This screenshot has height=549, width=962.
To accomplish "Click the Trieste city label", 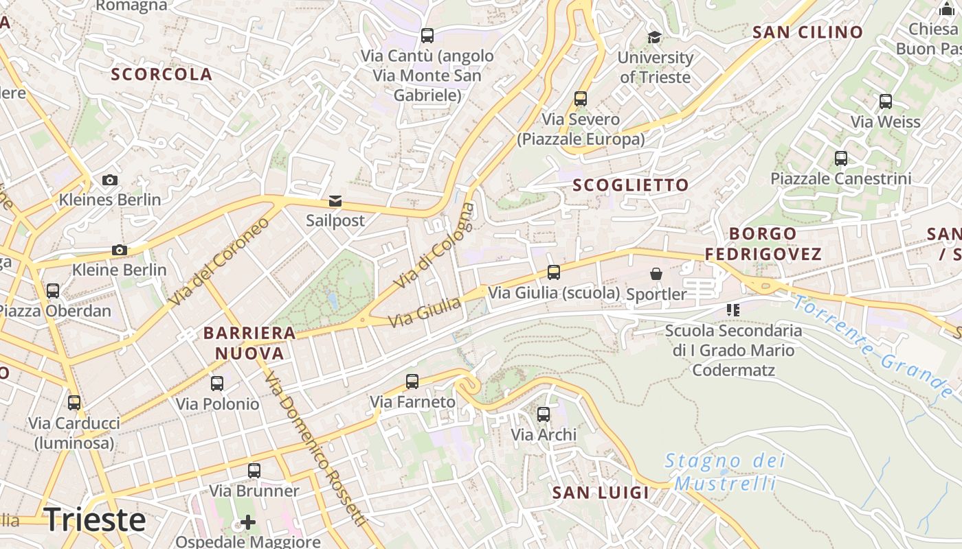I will click(95, 519).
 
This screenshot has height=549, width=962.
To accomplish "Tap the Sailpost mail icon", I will click(335, 201).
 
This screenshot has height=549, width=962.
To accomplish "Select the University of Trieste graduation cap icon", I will click(654, 37).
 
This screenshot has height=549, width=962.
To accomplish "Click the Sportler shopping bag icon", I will click(656, 274).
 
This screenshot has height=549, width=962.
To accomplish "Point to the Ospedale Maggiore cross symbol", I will click(248, 523).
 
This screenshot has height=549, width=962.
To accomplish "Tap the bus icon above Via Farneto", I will click(412, 382).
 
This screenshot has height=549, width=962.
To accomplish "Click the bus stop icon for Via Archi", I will click(544, 414).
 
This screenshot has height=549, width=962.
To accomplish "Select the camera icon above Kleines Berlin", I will click(109, 180).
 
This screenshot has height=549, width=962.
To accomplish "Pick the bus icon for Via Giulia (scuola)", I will click(554, 272).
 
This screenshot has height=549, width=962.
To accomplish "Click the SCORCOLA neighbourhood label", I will click(162, 74).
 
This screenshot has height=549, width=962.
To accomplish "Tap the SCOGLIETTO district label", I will click(631, 185).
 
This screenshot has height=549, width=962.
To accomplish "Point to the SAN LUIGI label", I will click(601, 492).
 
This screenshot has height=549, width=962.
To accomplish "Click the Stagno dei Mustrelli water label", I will click(725, 471).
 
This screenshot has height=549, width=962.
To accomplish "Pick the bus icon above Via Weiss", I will click(886, 102).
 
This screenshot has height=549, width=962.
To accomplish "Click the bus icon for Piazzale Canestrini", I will click(840, 159).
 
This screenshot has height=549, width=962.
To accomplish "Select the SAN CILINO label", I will click(807, 32).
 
